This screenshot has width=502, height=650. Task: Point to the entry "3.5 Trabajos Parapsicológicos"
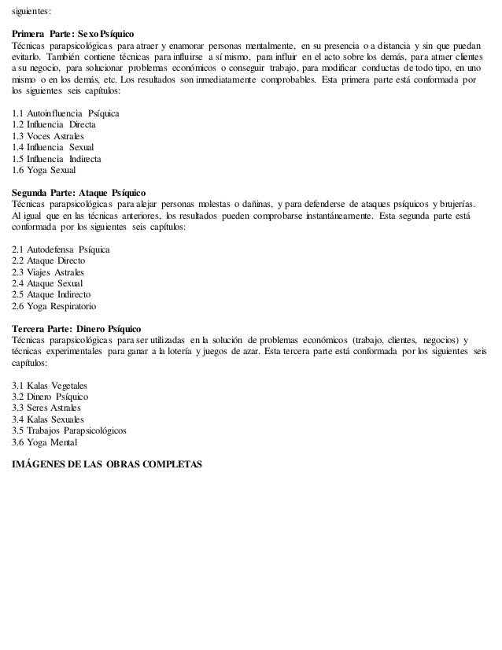point(69,430)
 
